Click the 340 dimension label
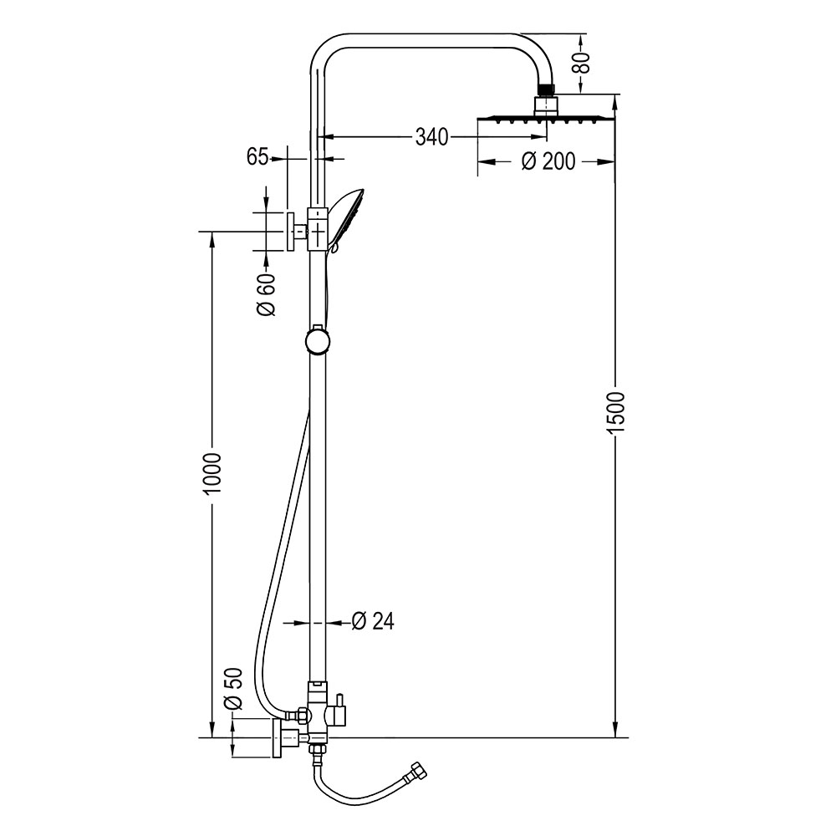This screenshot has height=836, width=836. [x=431, y=136]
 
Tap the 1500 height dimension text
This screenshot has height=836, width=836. [x=616, y=411]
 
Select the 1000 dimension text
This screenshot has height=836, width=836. [x=212, y=473]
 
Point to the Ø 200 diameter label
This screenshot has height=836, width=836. [x=548, y=161]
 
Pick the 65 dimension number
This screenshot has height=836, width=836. [x=257, y=156]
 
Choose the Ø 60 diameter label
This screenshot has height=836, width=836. [x=265, y=295]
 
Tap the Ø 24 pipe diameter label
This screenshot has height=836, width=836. [x=373, y=621]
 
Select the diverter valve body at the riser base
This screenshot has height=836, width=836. [x=318, y=716]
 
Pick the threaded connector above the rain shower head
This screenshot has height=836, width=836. [x=547, y=87]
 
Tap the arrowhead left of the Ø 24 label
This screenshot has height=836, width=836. [x=303, y=622]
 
